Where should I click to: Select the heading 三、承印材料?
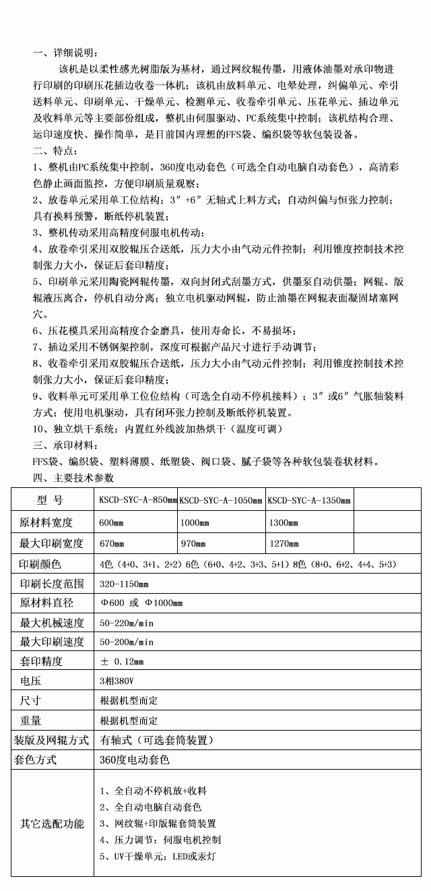point(67,445)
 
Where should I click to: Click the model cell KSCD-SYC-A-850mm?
point(137,501)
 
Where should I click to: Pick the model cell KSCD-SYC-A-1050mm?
point(221,501)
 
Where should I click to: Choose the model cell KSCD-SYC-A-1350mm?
point(309,501)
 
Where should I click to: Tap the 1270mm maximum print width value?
point(283,543)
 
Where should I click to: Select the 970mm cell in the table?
point(195,543)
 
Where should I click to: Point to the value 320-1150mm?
point(124,584)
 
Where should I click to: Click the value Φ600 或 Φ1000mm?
point(141,603)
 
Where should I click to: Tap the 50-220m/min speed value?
point(127,623)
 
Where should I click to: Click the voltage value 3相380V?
point(114,681)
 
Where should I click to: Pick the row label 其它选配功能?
point(53,824)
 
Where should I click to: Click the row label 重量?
point(31,720)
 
